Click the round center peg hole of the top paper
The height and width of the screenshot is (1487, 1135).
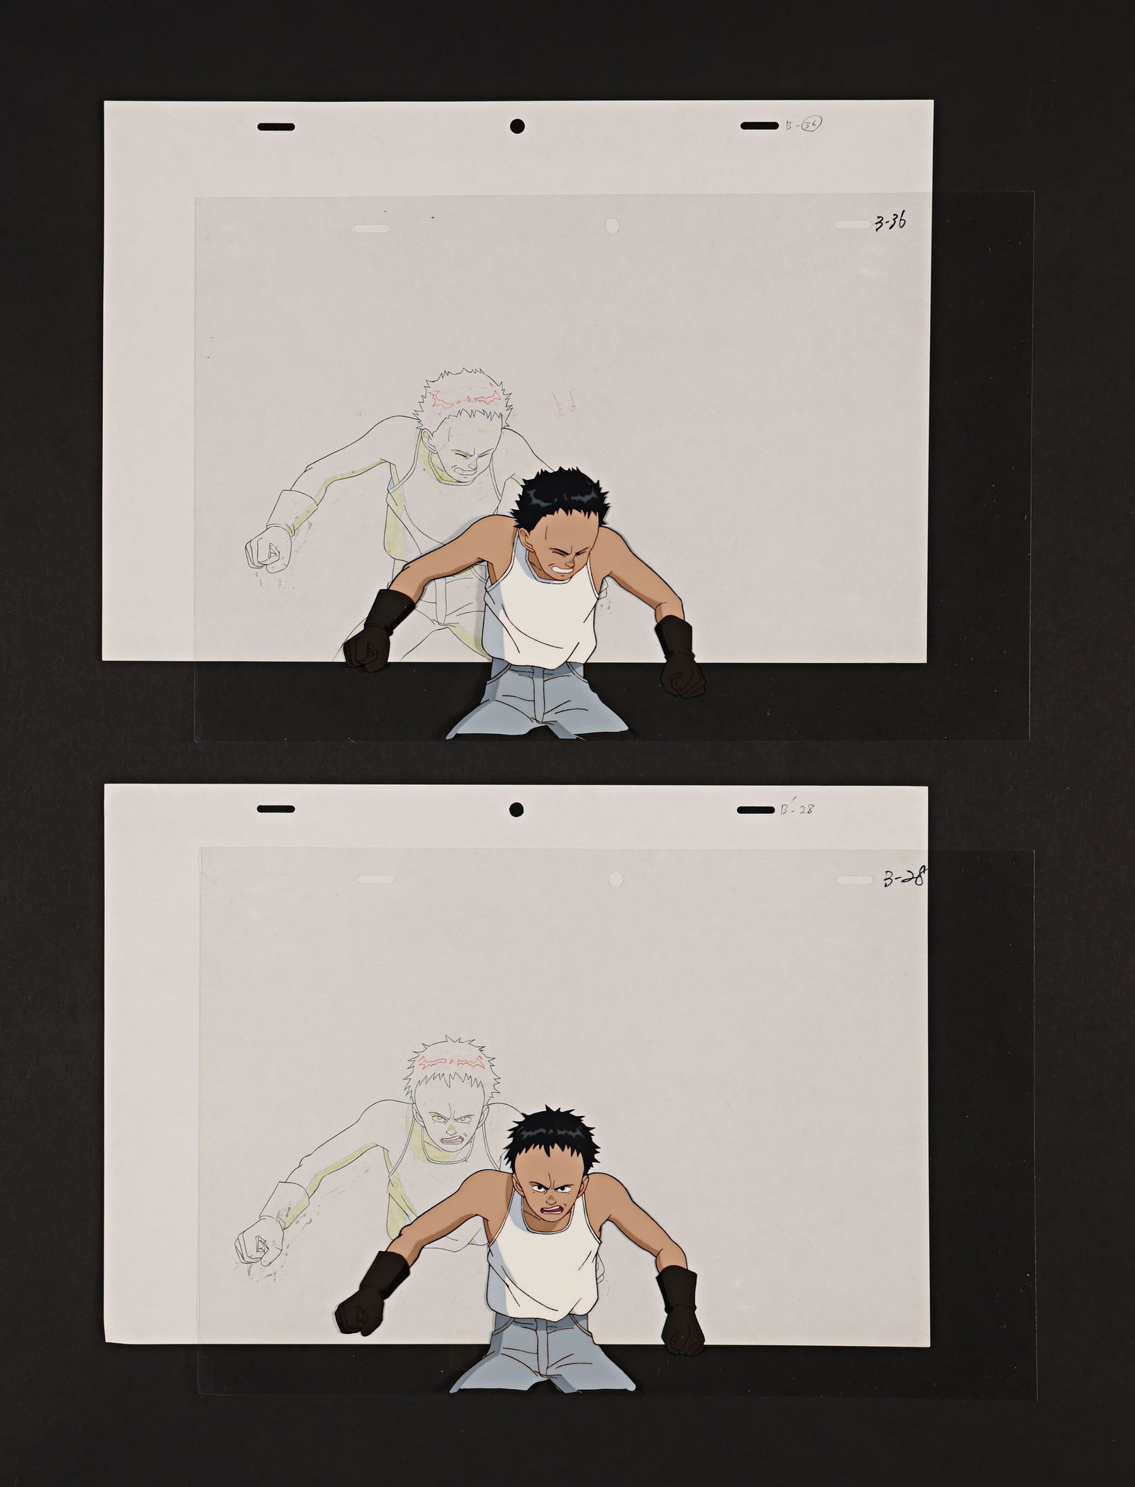pos(517,126)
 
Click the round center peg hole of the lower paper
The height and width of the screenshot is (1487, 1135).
pos(516,809)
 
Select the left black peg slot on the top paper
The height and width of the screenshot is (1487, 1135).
pos(276,127)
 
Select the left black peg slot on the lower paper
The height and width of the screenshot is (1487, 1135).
pos(275,809)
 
